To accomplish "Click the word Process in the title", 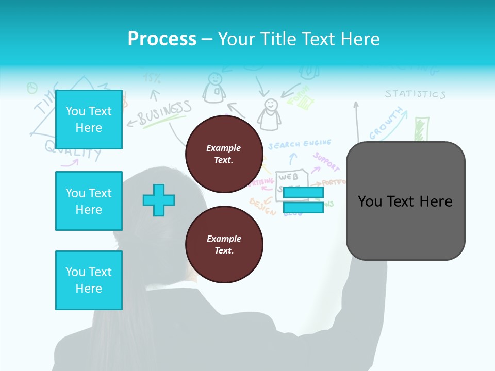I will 162,39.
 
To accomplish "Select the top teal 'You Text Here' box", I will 89,120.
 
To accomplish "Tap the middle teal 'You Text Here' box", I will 89,201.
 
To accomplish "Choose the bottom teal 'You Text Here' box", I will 89,280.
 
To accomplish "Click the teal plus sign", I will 159,200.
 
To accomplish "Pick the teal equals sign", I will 303,200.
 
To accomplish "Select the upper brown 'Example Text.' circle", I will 224,154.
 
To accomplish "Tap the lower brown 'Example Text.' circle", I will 224,245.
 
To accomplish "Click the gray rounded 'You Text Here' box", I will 405,201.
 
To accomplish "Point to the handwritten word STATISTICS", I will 415,94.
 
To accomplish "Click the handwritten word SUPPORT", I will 326,162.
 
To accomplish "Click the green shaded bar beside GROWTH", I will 421,129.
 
